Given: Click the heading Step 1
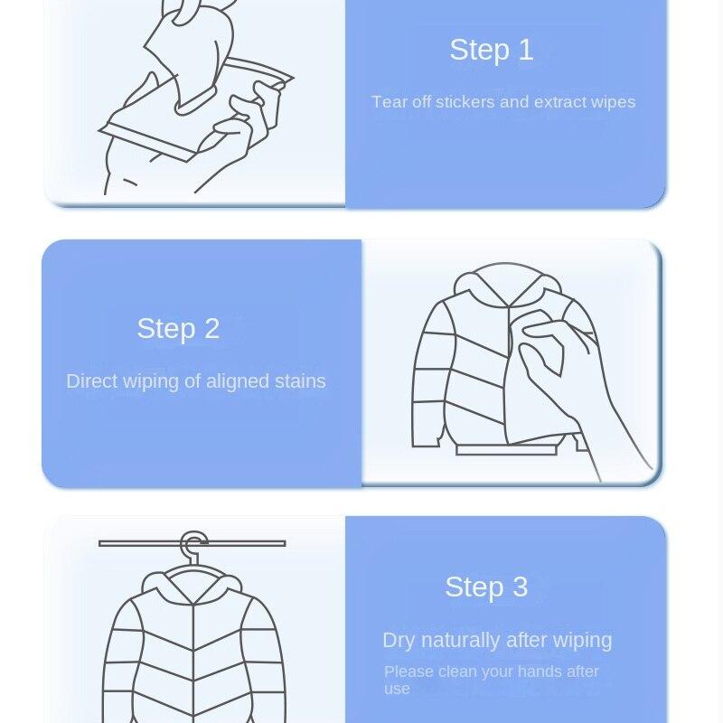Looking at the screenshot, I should pos(491,51).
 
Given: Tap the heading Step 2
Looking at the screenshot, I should pos(178,329).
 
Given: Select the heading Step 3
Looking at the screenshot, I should pos(485,587).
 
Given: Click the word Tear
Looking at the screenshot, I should pos(390,102).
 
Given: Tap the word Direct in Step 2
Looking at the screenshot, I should pos(90,381).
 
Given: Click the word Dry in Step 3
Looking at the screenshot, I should pos(399,641).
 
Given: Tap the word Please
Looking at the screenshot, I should pos(408,672).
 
